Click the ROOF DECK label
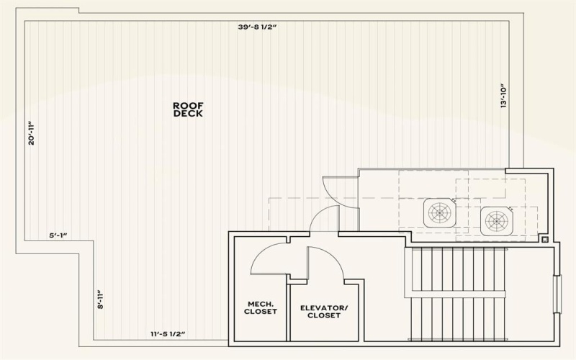(188, 109)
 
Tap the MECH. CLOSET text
(261, 307)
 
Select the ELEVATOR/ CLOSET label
(323, 312)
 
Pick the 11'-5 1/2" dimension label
(168, 333)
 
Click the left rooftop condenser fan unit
(439, 212)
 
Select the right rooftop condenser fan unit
(496, 219)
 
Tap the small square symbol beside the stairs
(545, 238)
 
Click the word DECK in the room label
(188, 114)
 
